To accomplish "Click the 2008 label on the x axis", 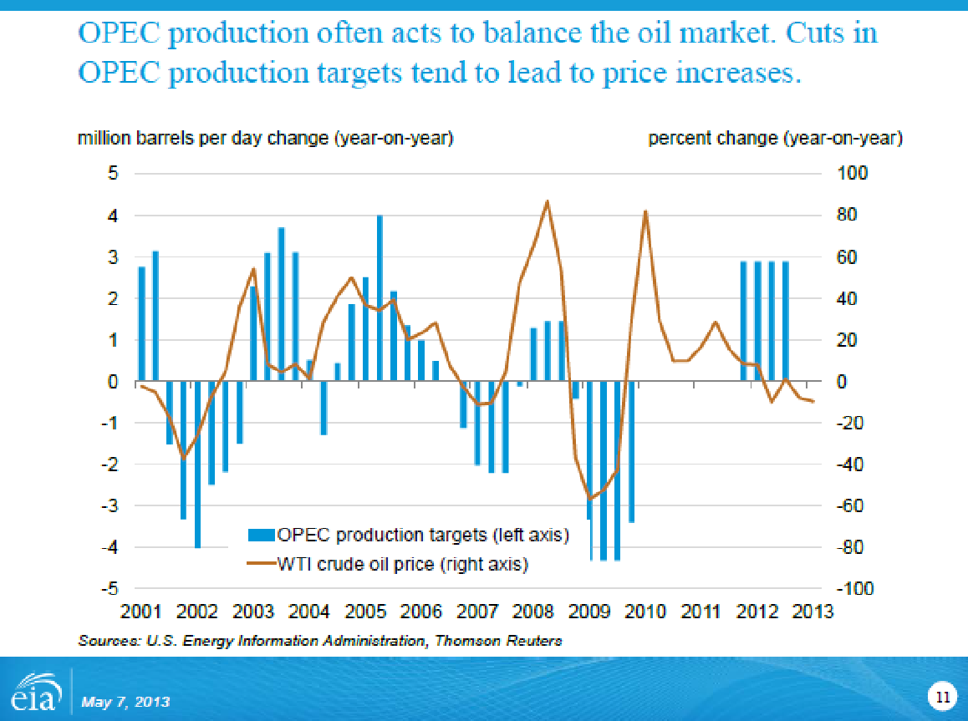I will click(534, 612).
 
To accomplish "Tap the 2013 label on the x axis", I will click(813, 612).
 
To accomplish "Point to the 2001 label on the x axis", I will click(143, 612).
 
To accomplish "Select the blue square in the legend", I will click(262, 535).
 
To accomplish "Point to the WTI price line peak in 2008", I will click(547, 201).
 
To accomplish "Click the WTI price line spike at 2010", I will click(645, 211).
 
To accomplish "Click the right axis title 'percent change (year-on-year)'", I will click(775, 139).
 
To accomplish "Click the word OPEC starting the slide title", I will click(120, 33).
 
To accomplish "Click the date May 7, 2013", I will click(125, 701).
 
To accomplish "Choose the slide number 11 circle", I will click(940, 696).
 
